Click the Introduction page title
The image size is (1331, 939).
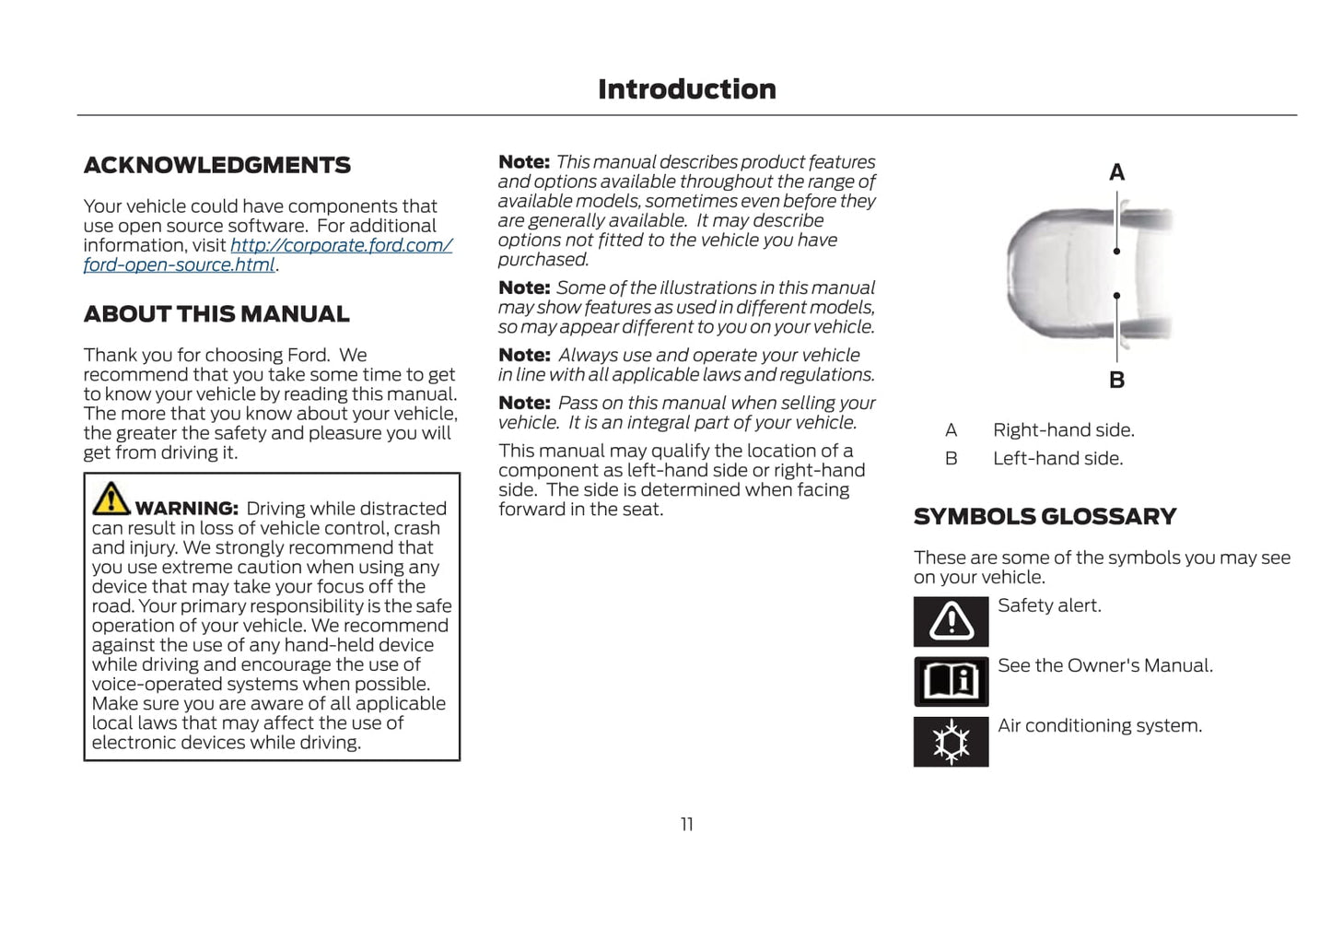click(686, 89)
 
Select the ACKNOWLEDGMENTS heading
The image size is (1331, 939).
click(216, 165)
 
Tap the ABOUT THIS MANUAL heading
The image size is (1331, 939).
click(216, 314)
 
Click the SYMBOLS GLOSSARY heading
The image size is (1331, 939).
click(1045, 517)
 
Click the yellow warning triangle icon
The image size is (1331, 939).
click(111, 499)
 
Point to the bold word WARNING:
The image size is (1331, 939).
click(186, 509)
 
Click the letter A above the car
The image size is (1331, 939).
click(1116, 172)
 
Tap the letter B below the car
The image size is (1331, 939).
click(1116, 380)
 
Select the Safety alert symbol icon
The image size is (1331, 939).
click(951, 621)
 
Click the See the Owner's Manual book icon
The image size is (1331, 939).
click(951, 682)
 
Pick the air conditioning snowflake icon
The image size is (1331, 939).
click(951, 742)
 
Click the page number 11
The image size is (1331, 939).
click(686, 825)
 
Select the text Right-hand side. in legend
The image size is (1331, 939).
click(1063, 430)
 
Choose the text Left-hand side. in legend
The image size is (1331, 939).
click(1057, 459)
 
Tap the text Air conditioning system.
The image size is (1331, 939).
click(1099, 726)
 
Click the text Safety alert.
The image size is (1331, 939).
click(1049, 605)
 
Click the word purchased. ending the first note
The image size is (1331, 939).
click(543, 260)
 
